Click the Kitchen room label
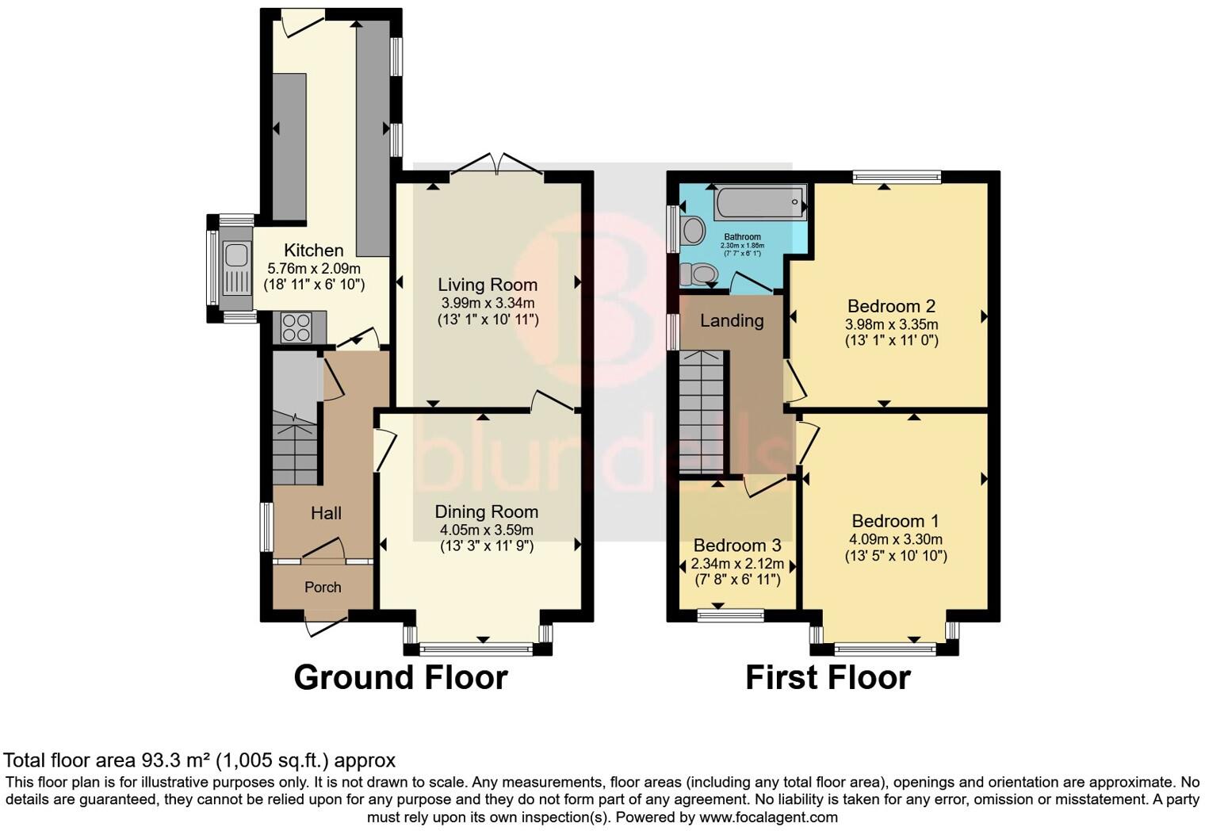pos(314,251)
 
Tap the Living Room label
pos(488,285)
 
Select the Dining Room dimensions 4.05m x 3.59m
pos(487,530)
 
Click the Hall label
pos(326,513)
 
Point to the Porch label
pos(323,588)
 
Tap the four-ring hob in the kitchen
pos(298,327)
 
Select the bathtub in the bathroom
pos(760,203)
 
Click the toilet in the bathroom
pos(698,274)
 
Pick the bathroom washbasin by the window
pos(694,231)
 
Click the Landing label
pos(732,320)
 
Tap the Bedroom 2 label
pos(891,306)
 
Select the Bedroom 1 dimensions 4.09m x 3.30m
pos(895,539)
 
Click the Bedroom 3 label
pos(737,546)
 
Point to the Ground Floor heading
pos(400,678)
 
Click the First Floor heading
pos(828,678)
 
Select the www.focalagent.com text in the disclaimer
pos(767,817)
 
